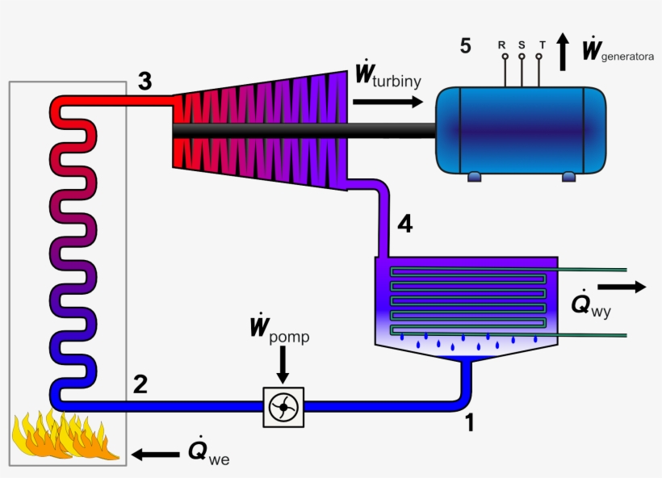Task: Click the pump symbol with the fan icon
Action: point(283,408)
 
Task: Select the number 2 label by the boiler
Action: point(140,384)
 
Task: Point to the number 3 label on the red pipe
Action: point(144,81)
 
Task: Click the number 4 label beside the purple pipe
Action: point(404,224)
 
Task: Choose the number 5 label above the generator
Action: point(465,45)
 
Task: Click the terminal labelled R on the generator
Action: point(503,57)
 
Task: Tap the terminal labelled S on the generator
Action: point(522,57)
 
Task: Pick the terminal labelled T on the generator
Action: point(541,57)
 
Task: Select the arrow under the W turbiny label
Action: point(388,102)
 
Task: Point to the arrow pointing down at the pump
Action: point(282,367)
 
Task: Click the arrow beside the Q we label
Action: point(156,454)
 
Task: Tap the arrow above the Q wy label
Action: point(622,286)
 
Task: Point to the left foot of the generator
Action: point(473,174)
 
